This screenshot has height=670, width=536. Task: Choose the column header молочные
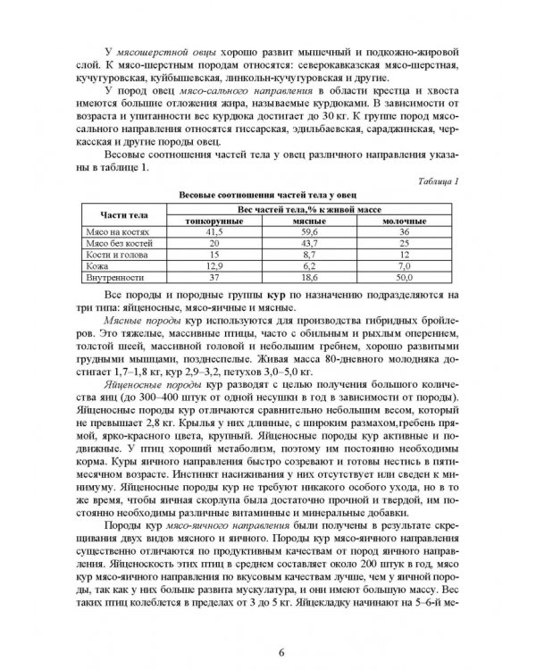coord(403,220)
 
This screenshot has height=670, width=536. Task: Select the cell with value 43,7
coord(306,242)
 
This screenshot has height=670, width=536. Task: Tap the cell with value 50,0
coord(403,278)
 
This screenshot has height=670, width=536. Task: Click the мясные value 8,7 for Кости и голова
coord(306,255)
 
